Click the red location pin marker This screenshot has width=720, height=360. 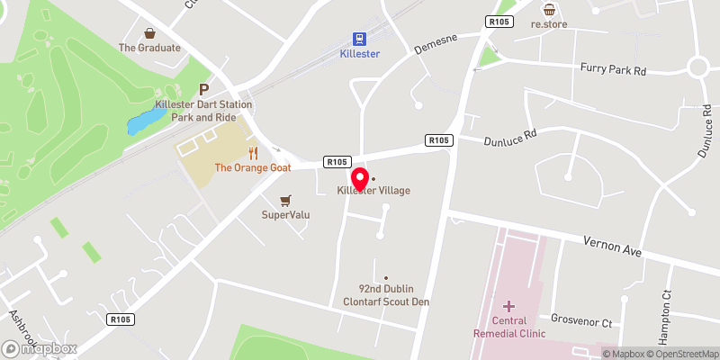[x=360, y=178]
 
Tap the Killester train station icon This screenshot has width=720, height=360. [x=360, y=39]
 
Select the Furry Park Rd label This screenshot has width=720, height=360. [x=615, y=68]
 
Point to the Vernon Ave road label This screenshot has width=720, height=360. [x=612, y=247]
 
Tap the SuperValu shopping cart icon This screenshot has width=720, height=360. [x=286, y=200]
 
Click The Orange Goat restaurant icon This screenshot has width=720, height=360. [x=253, y=153]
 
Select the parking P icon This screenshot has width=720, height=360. [x=203, y=89]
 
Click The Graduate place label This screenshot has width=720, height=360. [x=149, y=48]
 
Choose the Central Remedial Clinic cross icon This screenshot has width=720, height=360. [x=508, y=306]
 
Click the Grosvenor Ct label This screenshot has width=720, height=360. [x=581, y=321]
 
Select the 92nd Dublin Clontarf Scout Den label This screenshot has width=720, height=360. [x=393, y=294]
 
